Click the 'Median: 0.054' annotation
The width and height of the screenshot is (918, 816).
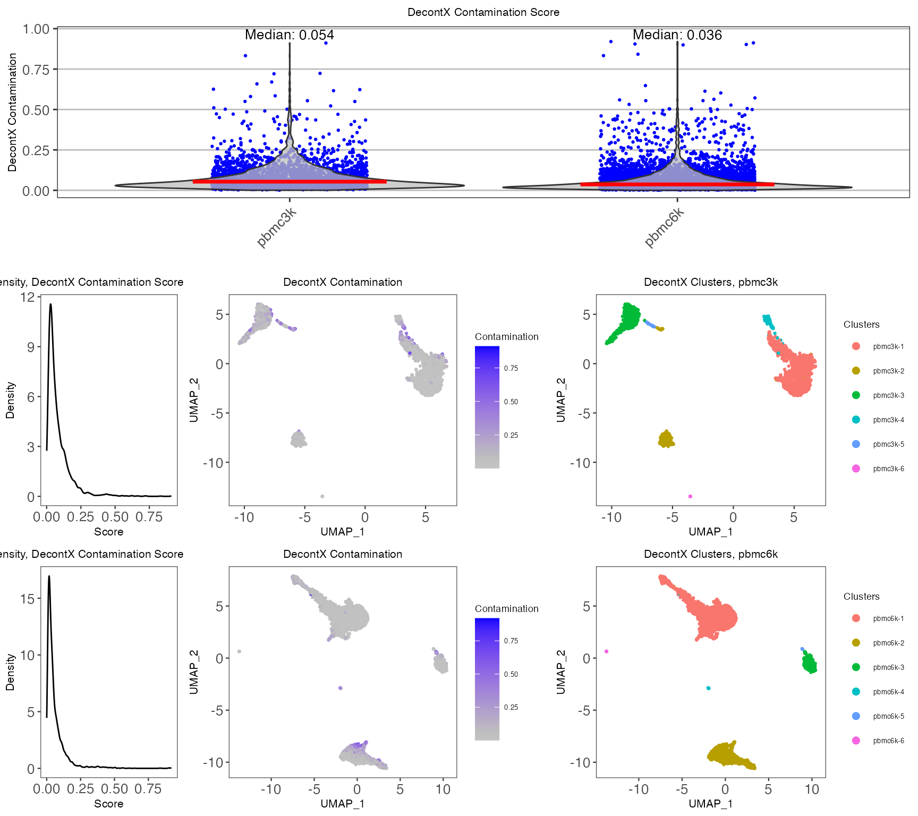pyautogui.click(x=289, y=35)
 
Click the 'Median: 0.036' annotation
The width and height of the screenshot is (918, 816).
pyautogui.click(x=677, y=35)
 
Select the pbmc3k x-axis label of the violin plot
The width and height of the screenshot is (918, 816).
pyautogui.click(x=276, y=228)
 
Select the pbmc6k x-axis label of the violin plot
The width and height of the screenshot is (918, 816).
pyautogui.click(x=664, y=228)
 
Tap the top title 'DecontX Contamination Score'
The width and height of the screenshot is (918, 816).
pyautogui.click(x=483, y=12)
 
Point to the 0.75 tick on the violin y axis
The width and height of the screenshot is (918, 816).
pyautogui.click(x=36, y=70)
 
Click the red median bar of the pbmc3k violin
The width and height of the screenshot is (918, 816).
pyautogui.click(x=289, y=182)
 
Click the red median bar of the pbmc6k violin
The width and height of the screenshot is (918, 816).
pyautogui.click(x=677, y=184)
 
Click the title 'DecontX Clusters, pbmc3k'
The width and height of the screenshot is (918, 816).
pyautogui.click(x=710, y=282)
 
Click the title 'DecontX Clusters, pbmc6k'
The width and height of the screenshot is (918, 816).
pyautogui.click(x=710, y=554)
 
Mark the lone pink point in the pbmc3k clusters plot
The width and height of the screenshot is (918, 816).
pyautogui.click(x=690, y=496)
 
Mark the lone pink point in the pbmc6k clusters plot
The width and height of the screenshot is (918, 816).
pyautogui.click(x=606, y=651)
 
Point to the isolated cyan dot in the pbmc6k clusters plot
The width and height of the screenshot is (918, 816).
pyautogui.click(x=708, y=688)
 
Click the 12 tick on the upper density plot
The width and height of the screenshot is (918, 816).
pyautogui.click(x=27, y=297)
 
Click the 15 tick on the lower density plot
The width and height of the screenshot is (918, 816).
pyautogui.click(x=27, y=599)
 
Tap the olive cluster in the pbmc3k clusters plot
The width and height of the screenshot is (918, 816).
pyautogui.click(x=666, y=439)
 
